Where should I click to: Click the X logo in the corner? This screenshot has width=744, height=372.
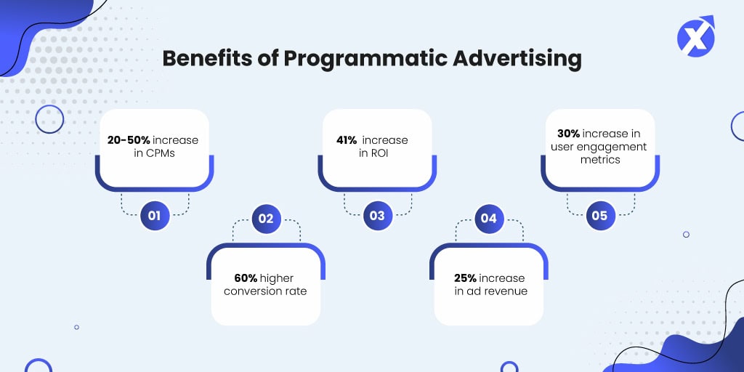(x=695, y=36)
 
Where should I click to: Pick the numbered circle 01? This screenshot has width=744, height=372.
(x=155, y=216)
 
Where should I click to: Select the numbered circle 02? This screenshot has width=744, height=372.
(x=266, y=219)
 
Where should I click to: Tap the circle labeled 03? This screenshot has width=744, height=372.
(x=378, y=216)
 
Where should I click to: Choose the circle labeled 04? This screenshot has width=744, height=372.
(x=489, y=219)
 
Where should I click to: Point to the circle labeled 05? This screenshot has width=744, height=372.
(x=600, y=216)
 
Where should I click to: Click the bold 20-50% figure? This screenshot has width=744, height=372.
(x=129, y=140)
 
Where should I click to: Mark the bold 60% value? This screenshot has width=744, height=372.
(x=246, y=278)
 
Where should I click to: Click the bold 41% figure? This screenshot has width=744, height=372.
(x=347, y=140)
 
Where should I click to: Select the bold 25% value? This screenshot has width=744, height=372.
(x=465, y=278)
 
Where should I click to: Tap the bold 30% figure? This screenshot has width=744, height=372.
(x=569, y=134)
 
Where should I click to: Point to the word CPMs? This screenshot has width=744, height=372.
(x=160, y=153)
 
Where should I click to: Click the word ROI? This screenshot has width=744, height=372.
(x=380, y=153)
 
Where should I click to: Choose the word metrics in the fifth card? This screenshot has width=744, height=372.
(x=600, y=159)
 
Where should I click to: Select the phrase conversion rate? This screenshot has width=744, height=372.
(x=265, y=291)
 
